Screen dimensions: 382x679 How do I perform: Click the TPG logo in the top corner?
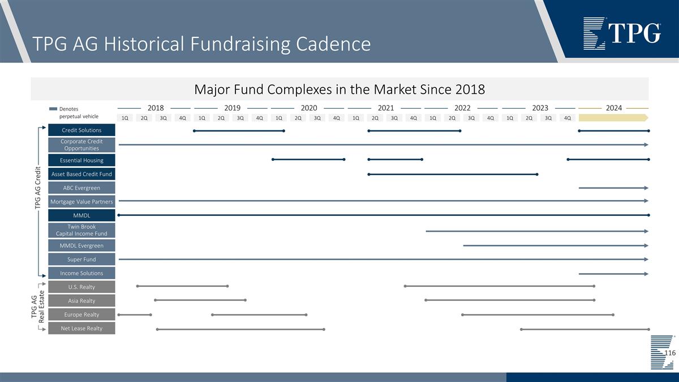(x=622, y=33)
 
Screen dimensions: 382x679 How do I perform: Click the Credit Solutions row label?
(x=81, y=130)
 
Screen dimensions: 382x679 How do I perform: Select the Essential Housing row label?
(x=81, y=160)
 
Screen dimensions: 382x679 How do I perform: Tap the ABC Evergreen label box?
(x=81, y=188)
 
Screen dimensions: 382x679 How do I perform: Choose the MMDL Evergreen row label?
(x=81, y=245)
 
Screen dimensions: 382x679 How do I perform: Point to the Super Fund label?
(x=81, y=259)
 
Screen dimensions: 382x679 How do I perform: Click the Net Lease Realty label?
(x=81, y=328)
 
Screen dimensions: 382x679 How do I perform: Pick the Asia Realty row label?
(x=81, y=300)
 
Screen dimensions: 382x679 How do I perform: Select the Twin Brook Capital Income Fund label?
(x=81, y=230)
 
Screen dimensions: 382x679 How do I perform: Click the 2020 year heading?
(x=309, y=108)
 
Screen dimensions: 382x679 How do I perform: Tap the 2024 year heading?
(x=613, y=108)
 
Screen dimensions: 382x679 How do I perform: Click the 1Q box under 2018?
(x=125, y=118)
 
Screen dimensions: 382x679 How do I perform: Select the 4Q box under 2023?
(x=568, y=118)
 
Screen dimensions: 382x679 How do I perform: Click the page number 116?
(x=670, y=353)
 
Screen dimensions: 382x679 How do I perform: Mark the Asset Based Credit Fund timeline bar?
(x=453, y=174)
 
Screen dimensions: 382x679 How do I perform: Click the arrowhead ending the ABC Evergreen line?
(x=646, y=188)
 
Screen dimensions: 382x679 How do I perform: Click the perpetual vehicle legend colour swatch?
(x=53, y=109)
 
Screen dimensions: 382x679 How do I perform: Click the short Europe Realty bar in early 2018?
(x=135, y=315)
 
